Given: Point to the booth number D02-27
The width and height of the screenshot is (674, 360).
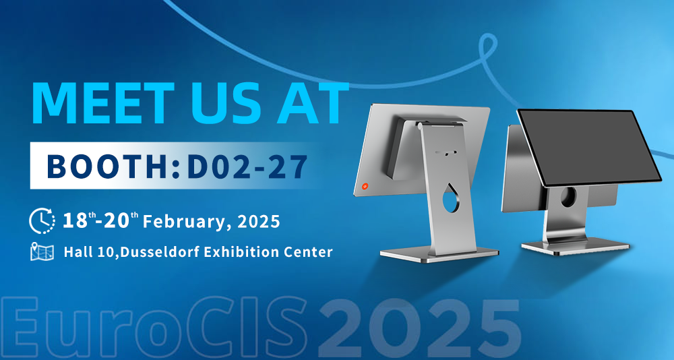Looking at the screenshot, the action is tap(248, 166).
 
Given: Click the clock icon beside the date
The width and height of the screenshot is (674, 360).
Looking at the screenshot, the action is tap(42, 221).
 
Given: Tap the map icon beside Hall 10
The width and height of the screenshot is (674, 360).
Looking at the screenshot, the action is tap(42, 252).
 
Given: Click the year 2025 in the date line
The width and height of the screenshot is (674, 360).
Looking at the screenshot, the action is tap(259, 222).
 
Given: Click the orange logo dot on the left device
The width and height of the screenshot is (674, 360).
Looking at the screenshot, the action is tap(365, 186).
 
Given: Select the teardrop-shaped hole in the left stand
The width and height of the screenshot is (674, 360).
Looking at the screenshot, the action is tap(450, 200).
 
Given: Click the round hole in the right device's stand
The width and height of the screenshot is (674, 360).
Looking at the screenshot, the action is tap(568, 196).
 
